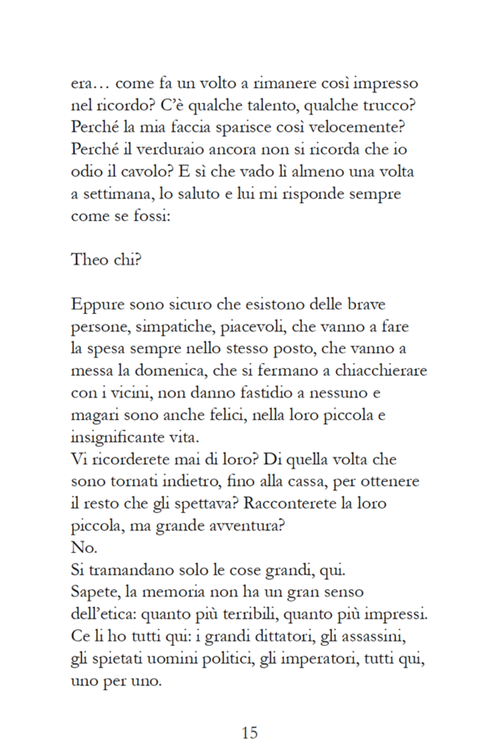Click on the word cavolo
(137, 172)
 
